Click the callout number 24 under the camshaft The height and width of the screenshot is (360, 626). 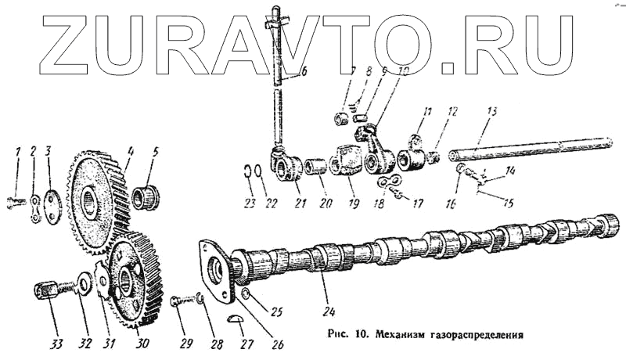click(327, 297)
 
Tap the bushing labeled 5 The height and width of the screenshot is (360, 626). click(146, 197)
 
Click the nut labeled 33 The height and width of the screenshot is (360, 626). click(46, 293)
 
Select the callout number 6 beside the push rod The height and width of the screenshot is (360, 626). click(304, 72)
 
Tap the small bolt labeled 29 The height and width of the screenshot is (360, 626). click(179, 299)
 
